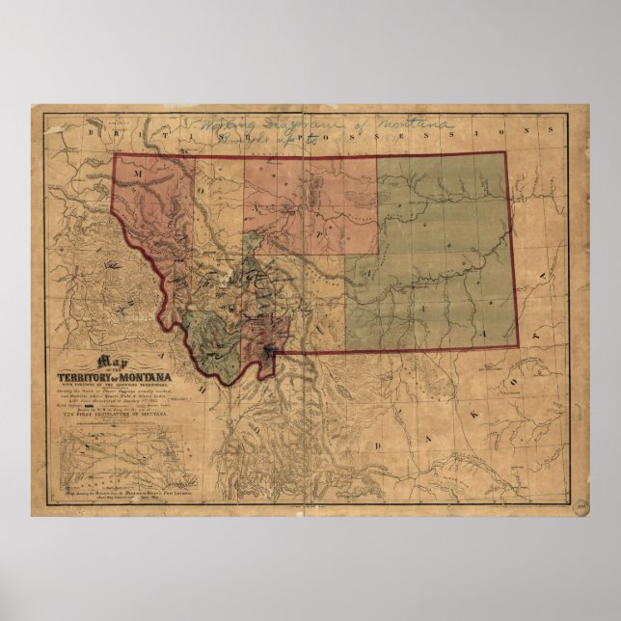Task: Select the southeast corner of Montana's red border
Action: point(518,346)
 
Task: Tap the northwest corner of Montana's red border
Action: point(116,154)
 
